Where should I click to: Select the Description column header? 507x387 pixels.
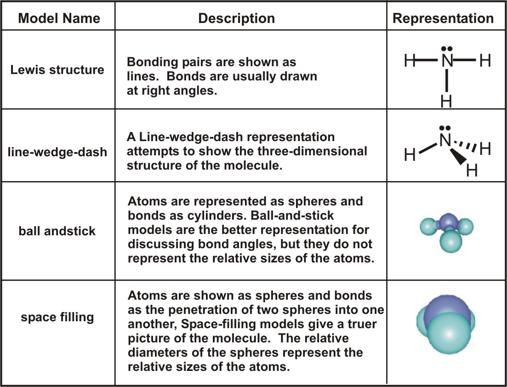pos(236,18)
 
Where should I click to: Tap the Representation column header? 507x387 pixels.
pos(443,18)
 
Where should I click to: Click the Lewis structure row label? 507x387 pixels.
pos(58,70)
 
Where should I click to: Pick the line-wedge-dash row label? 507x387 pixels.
pos(58,151)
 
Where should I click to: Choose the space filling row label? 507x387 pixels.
pos(57,317)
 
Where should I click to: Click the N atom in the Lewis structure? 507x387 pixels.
pos(446,61)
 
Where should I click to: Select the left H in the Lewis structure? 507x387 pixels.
pos(410,61)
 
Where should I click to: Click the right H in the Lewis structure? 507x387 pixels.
pos(485,61)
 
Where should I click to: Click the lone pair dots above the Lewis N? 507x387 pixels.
pos(445,48)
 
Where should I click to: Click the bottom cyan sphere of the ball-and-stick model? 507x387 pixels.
pos(447,242)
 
